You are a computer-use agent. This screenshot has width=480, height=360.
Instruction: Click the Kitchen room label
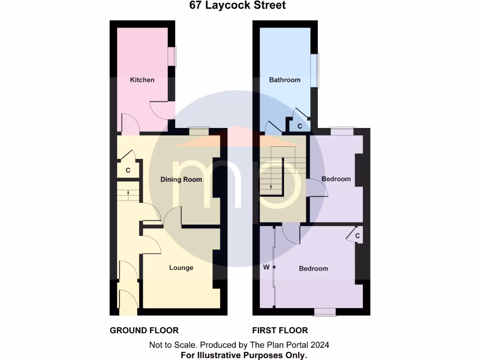click(142, 80)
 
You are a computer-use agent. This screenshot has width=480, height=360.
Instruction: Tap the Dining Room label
click(181, 180)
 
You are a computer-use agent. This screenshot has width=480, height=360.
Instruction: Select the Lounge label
click(181, 268)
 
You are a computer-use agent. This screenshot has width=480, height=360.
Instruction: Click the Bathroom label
click(285, 80)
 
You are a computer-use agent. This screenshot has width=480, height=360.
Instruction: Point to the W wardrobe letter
click(266, 268)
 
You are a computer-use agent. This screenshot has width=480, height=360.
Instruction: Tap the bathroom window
click(317, 70)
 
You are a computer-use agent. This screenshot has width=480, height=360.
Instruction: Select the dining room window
click(198, 132)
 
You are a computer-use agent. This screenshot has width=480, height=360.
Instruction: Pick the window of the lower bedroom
click(324, 312)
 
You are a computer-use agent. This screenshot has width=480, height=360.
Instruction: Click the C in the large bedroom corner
click(357, 236)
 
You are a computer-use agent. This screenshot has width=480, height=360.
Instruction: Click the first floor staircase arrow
click(271, 185)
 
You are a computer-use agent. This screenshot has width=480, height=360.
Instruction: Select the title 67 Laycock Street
click(237, 6)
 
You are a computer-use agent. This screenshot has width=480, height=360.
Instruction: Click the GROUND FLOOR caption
click(144, 330)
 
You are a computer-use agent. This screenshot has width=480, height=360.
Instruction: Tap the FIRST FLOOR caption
click(280, 330)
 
